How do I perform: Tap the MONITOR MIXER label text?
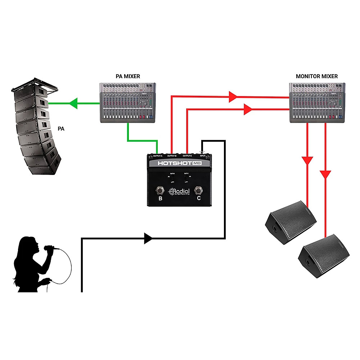click(x=317, y=76)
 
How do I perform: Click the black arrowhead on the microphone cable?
click(x=148, y=238)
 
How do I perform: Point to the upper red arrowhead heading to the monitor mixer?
click(x=233, y=96)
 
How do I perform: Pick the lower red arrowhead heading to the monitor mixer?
click(x=248, y=109)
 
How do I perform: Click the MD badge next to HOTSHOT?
click(x=197, y=163)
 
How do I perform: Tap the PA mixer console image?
click(x=127, y=102)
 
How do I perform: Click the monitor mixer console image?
click(x=317, y=102)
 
